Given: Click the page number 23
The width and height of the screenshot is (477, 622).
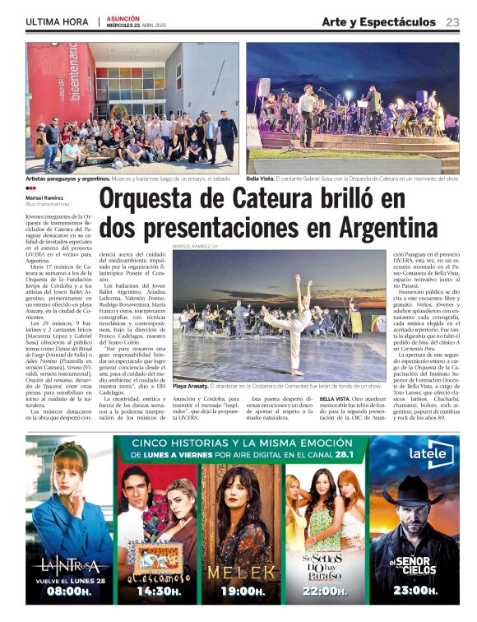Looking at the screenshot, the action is (452, 22).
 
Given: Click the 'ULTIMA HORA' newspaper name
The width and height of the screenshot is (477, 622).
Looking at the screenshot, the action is (58, 22).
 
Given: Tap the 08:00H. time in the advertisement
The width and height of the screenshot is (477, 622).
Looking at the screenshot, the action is (69, 591).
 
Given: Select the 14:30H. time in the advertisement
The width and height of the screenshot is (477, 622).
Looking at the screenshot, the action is (159, 591).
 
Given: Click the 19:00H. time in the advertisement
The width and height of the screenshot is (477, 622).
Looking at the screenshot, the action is (241, 591).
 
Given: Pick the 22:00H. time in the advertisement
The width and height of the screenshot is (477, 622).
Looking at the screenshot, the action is (324, 591).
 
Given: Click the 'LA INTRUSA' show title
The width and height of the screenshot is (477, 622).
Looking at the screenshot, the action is (69, 565).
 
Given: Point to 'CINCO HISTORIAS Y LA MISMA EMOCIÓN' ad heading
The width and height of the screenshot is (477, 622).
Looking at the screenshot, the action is (239, 443).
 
